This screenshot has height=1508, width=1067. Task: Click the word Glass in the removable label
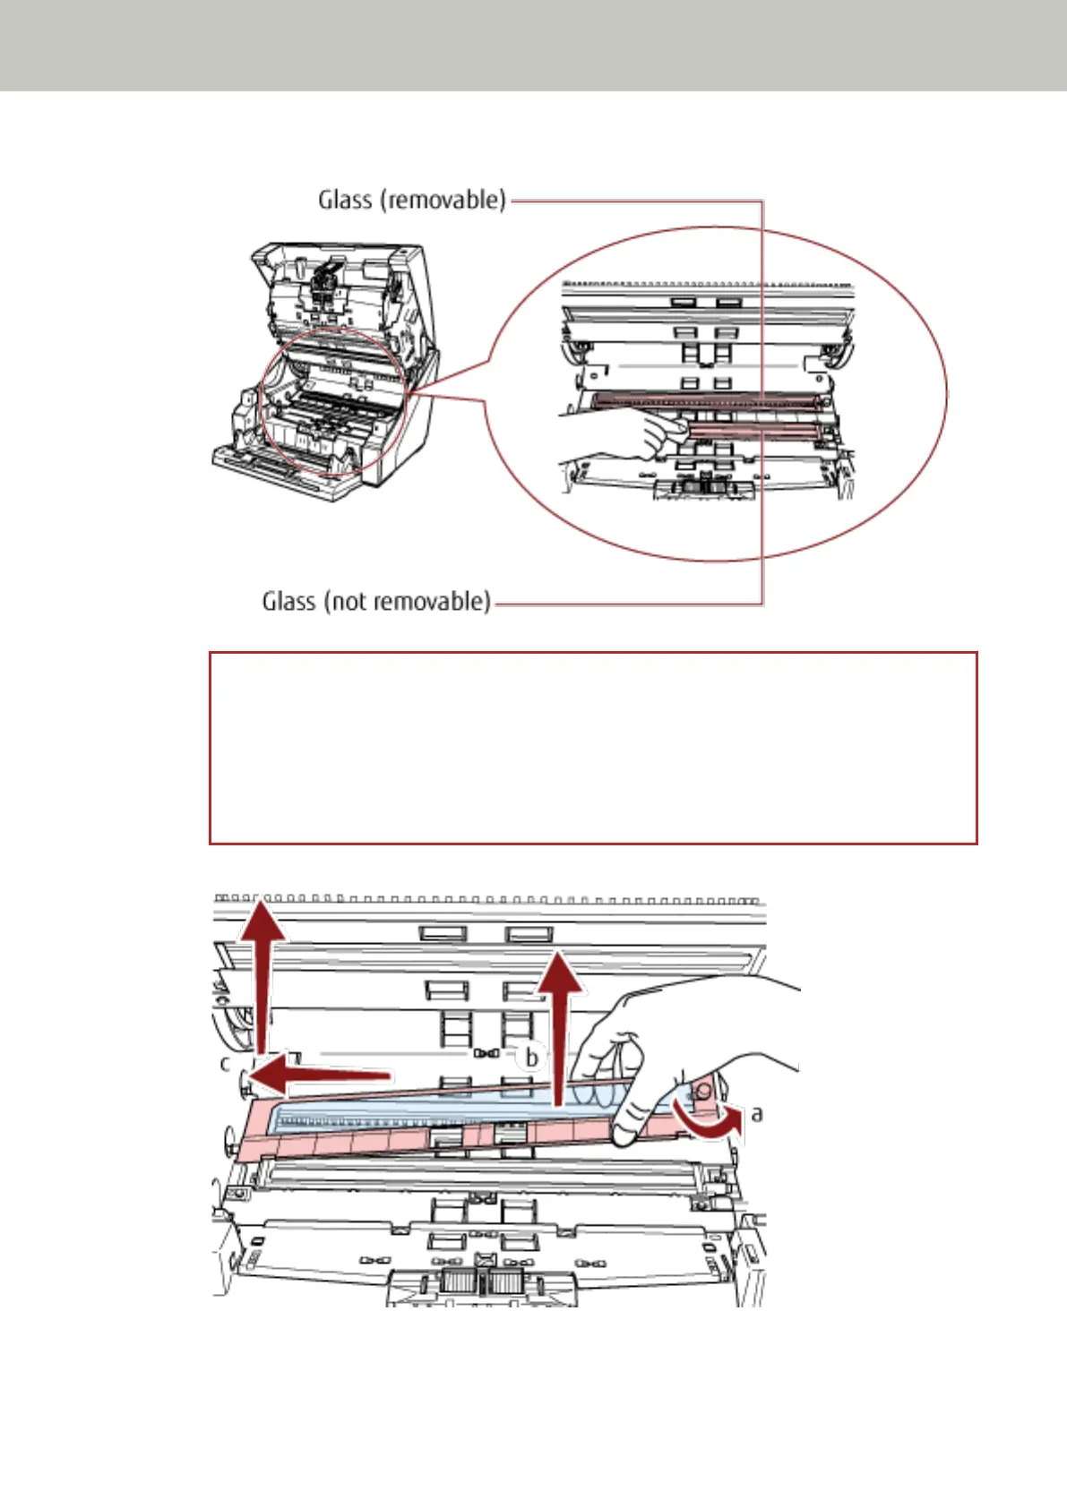click(x=345, y=199)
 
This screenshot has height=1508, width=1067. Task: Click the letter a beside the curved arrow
click(x=757, y=1113)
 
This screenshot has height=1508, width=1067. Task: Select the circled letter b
click(x=531, y=1058)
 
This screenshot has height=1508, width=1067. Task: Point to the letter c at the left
click(x=226, y=1064)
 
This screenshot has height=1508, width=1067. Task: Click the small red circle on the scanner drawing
click(x=332, y=400)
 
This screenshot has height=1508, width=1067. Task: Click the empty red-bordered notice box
click(x=592, y=748)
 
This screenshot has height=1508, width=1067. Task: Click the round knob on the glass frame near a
click(x=704, y=1090)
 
